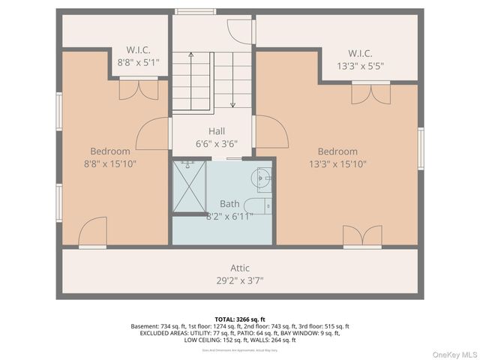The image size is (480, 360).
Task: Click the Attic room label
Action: coord(240,268)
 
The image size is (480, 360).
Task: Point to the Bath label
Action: coord(229,203)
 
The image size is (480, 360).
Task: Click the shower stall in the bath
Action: coord(189,185)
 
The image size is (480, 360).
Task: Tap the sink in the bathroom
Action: coord(262,178)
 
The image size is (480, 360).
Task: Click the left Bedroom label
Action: coord(110,151)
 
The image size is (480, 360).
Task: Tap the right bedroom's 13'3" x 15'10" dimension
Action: coord(337,163)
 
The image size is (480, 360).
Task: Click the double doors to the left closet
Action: coord(139,90)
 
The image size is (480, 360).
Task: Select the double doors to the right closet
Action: coord(370,93)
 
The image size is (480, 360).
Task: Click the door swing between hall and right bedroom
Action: coord(271,132)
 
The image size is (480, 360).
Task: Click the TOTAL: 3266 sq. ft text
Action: coord(240,319)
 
